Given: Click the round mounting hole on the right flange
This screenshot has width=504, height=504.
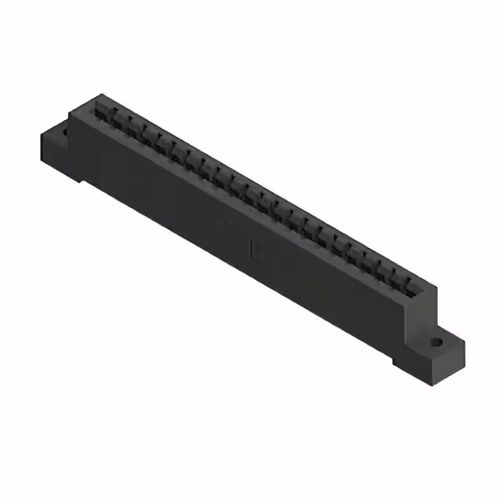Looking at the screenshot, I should tap(436, 343).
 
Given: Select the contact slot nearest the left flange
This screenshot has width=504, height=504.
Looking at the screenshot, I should tap(102, 113).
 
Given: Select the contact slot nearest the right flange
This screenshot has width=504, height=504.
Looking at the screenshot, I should tap(410, 283).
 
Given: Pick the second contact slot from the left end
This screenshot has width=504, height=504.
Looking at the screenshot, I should tap(117, 121).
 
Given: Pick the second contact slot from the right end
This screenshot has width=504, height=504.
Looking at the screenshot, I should tap(395, 276).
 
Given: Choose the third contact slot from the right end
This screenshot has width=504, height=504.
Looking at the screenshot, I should tap(380, 267).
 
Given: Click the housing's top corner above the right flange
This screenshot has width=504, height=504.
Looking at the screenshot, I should tap(435, 290).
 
